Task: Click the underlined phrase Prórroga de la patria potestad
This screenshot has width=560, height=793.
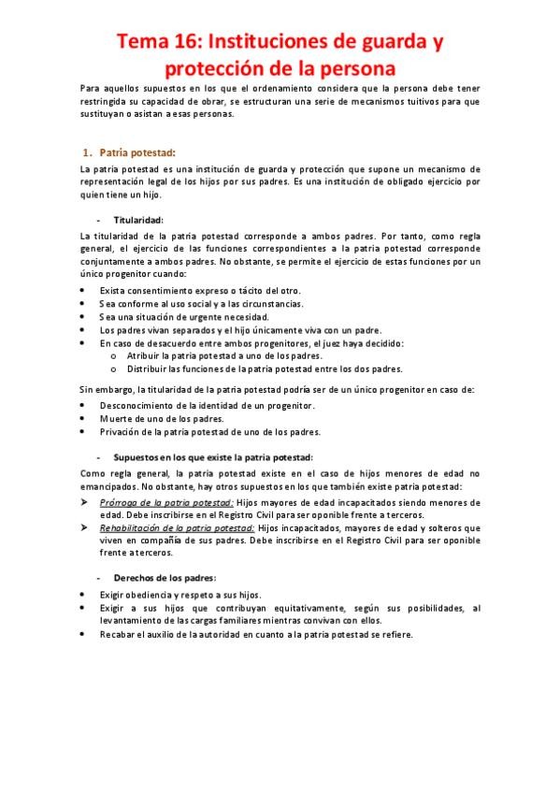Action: pos(166,502)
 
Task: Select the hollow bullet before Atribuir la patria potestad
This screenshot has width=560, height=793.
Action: pos(114,355)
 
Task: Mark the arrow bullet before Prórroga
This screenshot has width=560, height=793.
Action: pos(84,502)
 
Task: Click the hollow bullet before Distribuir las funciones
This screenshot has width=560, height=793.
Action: pos(114,368)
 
